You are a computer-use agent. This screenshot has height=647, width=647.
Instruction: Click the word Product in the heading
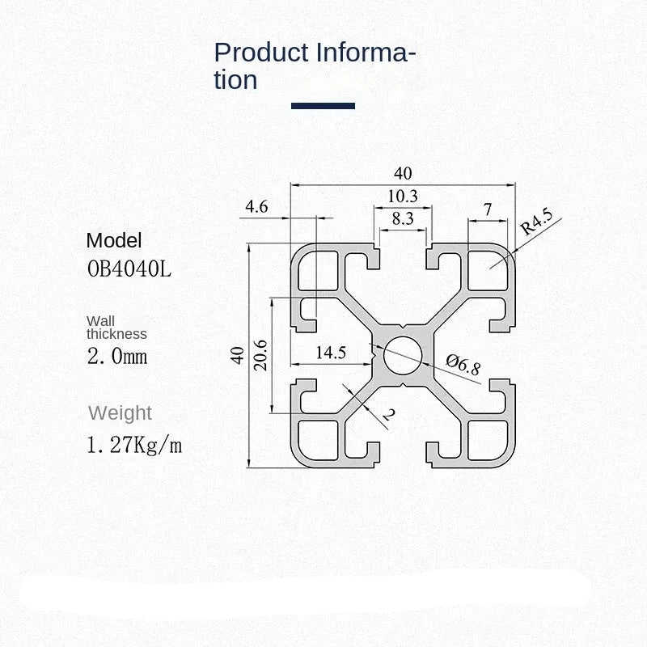point(261,53)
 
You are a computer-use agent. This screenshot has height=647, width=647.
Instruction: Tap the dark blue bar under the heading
point(323,105)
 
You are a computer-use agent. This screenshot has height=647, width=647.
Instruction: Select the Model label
point(113,240)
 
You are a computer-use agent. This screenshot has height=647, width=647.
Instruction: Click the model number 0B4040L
point(129,268)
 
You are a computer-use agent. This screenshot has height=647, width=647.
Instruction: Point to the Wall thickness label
point(116,328)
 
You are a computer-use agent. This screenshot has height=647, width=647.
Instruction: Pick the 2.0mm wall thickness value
point(117,356)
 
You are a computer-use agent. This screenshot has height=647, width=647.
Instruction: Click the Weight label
point(120,413)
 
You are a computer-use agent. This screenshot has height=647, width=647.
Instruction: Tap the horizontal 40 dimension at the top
point(403,173)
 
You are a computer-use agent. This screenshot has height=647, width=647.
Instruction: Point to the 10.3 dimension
point(402,196)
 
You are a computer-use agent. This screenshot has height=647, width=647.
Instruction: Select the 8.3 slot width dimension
point(402,218)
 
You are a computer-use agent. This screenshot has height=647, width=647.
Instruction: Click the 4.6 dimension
point(256,207)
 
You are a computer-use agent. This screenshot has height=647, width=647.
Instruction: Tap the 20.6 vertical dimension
point(260,354)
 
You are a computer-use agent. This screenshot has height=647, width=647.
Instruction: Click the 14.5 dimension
point(331,353)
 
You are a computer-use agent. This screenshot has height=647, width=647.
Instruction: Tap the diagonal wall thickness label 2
point(387,416)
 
